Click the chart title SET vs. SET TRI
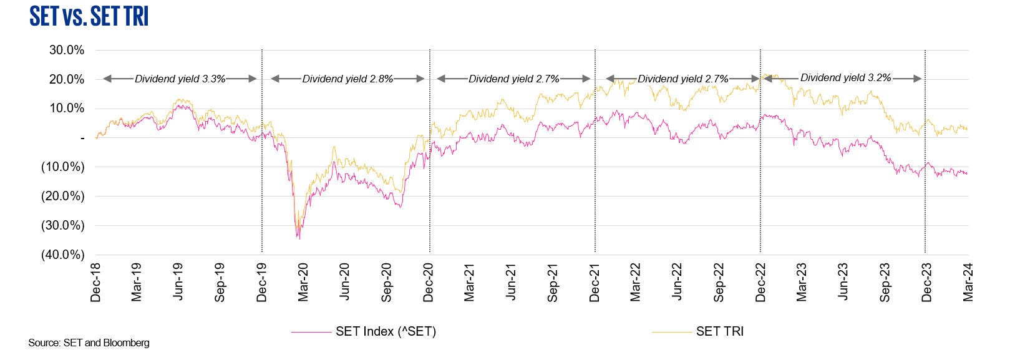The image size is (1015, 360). [89, 17]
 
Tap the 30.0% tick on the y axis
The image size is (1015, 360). [66, 51]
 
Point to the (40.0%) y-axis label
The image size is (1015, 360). [62, 255]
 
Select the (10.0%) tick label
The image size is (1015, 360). [62, 167]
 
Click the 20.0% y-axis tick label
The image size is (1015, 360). [66, 80]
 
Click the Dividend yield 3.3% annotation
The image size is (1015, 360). [180, 79]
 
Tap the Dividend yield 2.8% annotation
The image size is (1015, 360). [347, 79]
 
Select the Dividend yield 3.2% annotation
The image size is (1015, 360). [845, 78]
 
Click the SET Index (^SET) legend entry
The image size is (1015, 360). [386, 331]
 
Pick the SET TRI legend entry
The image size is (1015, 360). [719, 331]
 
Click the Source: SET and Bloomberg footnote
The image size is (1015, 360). [89, 343]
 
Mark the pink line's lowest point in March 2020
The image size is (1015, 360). [299, 238]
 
